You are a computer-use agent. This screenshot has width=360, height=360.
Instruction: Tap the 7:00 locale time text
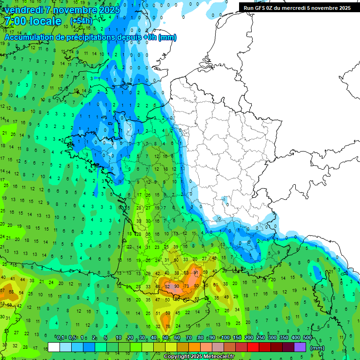(x=33, y=22)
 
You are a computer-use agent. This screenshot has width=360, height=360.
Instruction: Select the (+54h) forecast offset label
(x=81, y=21)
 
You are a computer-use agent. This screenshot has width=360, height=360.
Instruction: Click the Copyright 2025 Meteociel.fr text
(x=199, y=356)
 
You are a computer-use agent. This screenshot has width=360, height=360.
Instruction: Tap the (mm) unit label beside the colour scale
(x=317, y=348)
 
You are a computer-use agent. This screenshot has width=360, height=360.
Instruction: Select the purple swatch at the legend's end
(x=300, y=347)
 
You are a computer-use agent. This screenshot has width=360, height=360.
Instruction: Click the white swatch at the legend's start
(x=54, y=347)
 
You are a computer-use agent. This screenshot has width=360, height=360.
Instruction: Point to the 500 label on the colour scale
(x=307, y=337)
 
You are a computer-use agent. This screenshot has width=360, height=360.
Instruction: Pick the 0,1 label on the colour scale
(x=60, y=337)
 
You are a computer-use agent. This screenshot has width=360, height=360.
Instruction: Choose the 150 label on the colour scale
(x=237, y=337)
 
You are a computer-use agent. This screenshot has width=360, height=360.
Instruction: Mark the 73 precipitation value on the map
(x=186, y=286)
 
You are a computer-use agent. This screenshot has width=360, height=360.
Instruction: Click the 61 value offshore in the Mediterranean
(x=216, y=285)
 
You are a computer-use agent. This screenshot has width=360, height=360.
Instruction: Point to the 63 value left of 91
(x=186, y=272)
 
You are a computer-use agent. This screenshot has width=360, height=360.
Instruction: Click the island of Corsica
(x=323, y=293)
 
